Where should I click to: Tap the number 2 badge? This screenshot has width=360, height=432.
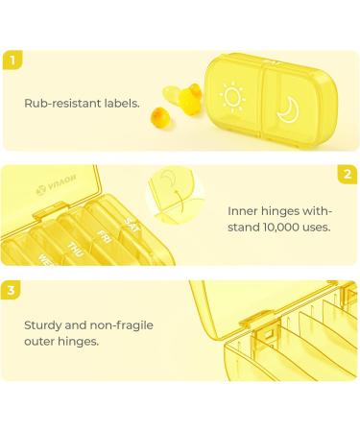pyautogui.click(x=348, y=175)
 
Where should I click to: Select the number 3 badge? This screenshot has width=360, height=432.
pyautogui.click(x=11, y=290)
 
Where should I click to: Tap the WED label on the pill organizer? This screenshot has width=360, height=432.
pyautogui.click(x=45, y=256)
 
